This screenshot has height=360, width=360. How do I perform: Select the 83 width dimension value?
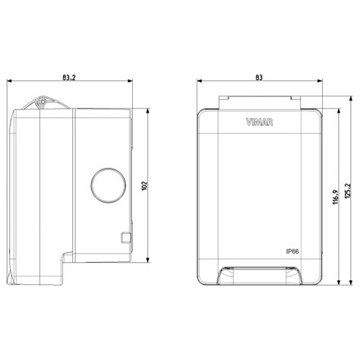(x=259, y=77)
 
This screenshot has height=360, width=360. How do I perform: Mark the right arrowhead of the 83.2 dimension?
(x=132, y=82)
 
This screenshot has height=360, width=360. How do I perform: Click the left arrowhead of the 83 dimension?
(x=197, y=82)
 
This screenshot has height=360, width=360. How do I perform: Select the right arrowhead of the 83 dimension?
(x=321, y=82)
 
